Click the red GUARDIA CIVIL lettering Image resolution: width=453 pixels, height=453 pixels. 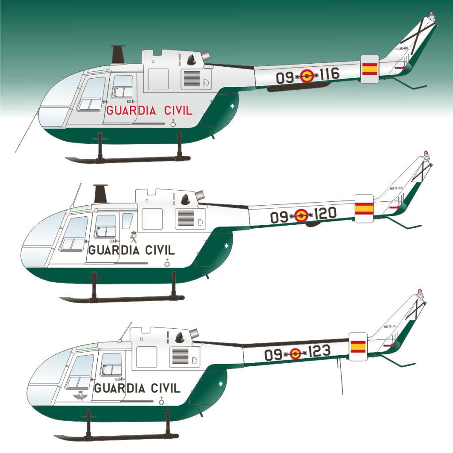149,111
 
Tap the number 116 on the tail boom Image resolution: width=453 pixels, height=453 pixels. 329,74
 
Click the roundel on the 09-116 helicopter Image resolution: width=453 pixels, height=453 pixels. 307,77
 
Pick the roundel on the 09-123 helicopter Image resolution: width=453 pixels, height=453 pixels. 295,353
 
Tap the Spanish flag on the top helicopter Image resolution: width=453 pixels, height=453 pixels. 370,69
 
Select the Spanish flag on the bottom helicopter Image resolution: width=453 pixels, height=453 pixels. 358,346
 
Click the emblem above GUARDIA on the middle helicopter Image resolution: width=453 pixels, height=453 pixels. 134,238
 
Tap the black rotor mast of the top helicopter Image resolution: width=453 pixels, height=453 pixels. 118,54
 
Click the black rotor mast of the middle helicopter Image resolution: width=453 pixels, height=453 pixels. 100,194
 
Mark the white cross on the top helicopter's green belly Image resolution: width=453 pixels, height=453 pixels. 233,106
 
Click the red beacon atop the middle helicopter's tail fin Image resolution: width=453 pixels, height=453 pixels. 426,153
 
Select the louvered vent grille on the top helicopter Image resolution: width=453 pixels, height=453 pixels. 192,78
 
